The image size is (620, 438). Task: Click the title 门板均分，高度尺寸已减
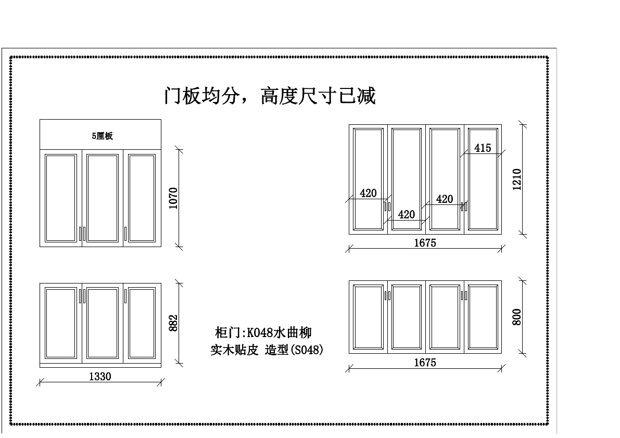click(x=270, y=96)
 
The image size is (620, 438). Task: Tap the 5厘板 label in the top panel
click(x=103, y=136)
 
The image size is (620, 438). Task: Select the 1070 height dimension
click(x=174, y=198)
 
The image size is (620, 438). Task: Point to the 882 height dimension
click(x=174, y=323)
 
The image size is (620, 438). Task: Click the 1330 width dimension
click(x=100, y=377)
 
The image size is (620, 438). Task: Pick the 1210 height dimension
click(x=517, y=179)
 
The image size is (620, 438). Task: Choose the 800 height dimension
click(x=517, y=317)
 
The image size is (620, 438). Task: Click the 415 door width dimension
click(x=483, y=148)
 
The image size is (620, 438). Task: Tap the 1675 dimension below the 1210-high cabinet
click(x=425, y=243)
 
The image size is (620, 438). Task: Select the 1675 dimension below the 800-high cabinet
click(x=425, y=363)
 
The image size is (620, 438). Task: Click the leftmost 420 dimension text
click(x=368, y=194)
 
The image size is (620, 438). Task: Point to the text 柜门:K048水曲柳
click(x=263, y=332)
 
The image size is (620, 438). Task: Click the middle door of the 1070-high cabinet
click(x=103, y=198)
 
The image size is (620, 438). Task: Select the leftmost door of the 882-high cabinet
click(x=61, y=323)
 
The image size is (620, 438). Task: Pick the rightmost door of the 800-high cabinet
click(x=483, y=317)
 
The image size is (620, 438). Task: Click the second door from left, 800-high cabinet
click(x=407, y=317)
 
